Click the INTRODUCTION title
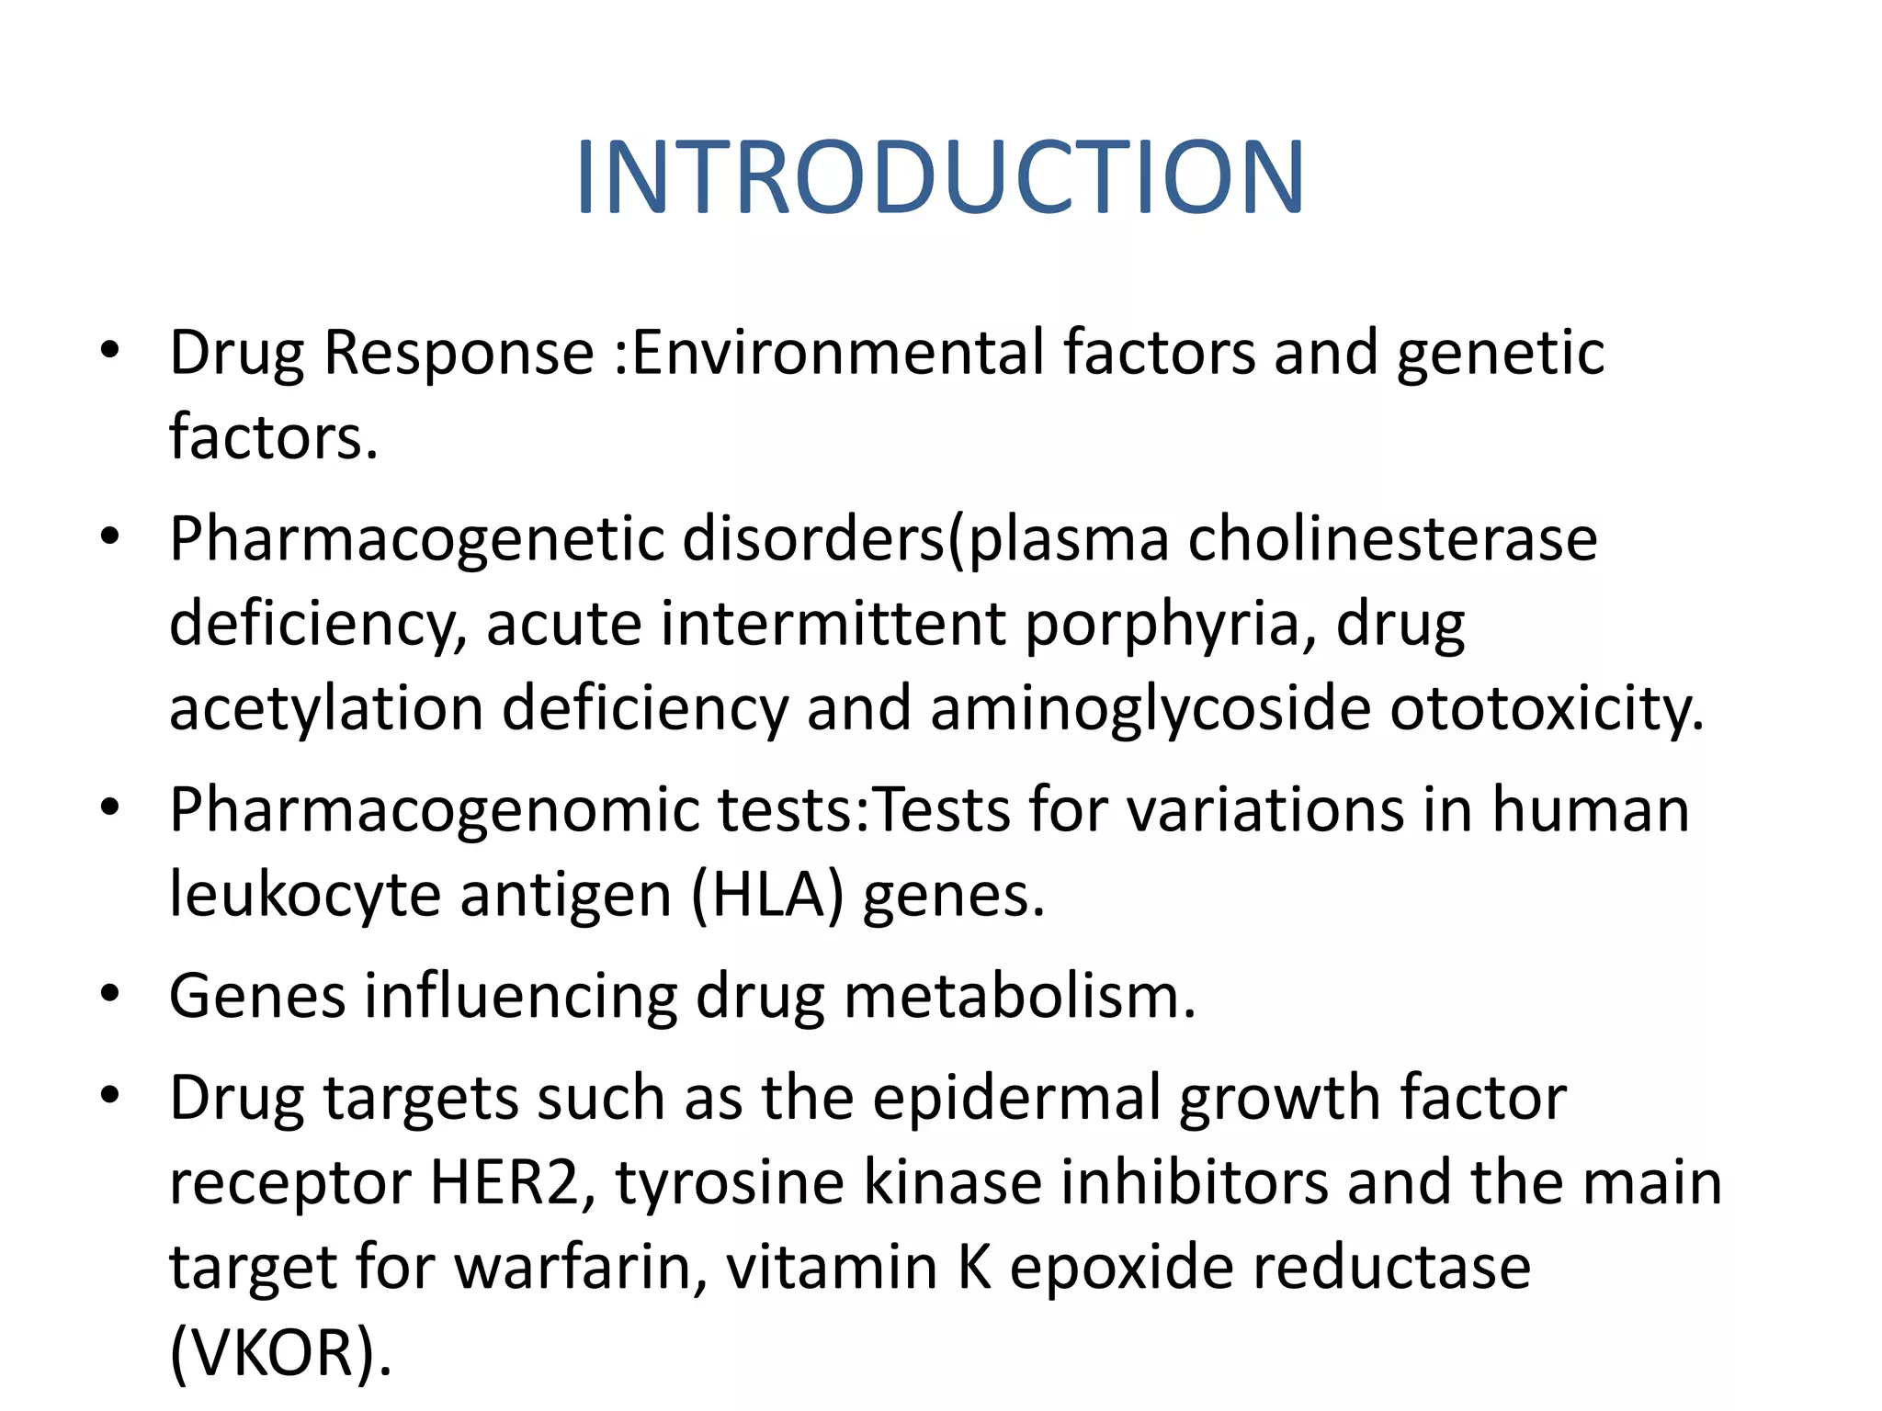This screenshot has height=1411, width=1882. click(x=939, y=177)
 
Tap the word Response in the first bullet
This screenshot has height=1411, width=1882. click(x=459, y=353)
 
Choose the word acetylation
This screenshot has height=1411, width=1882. click(x=326, y=709)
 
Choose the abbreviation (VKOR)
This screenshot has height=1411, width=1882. click(x=279, y=1352)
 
